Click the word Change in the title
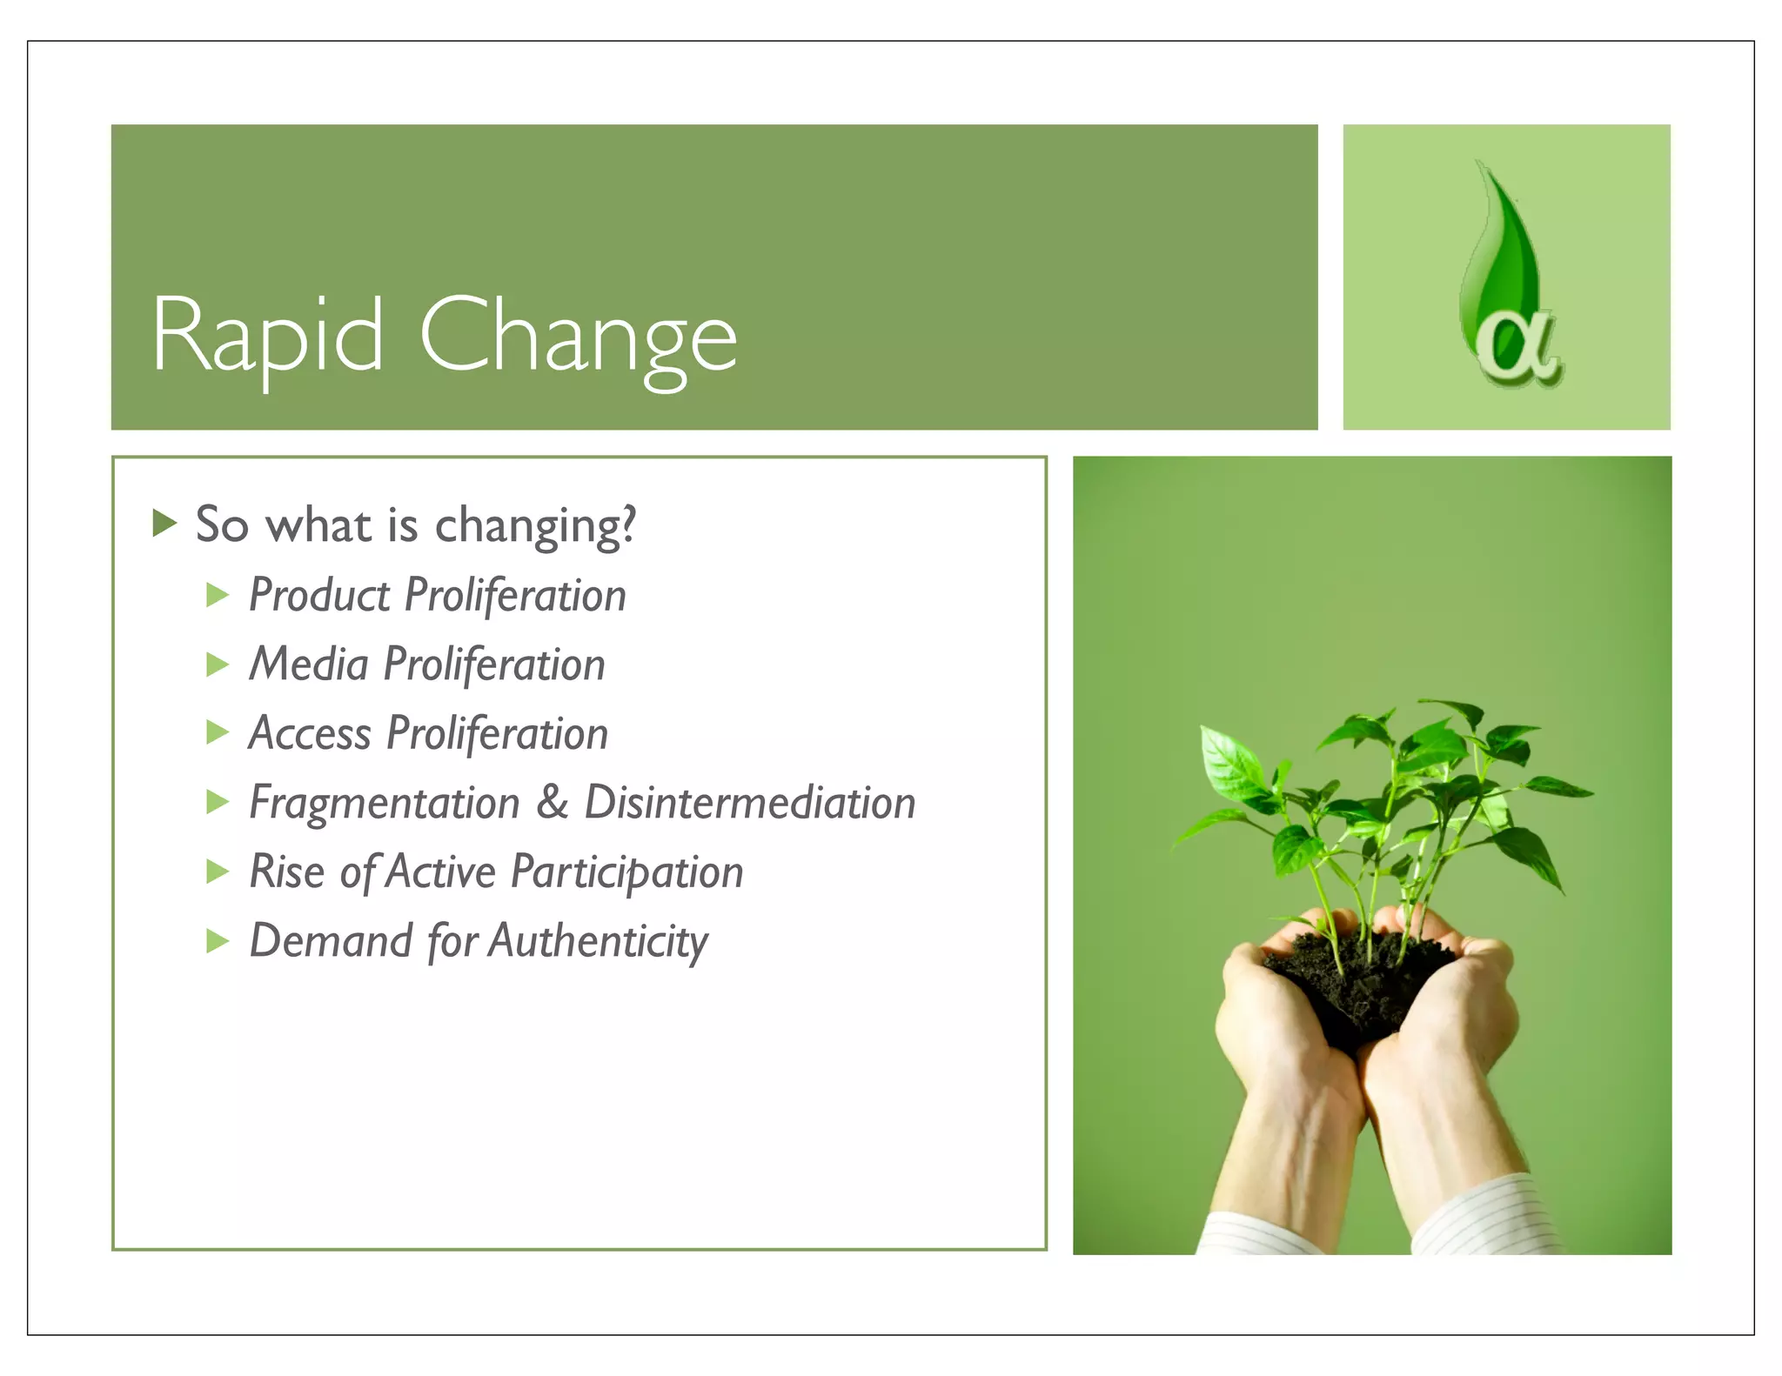pyautogui.click(x=578, y=336)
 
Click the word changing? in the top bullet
pyautogui.click(x=535, y=526)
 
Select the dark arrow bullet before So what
pyautogui.click(x=164, y=524)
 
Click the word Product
pyautogui.click(x=318, y=596)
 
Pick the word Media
pyautogui.click(x=309, y=665)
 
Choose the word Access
pyautogui.click(x=310, y=734)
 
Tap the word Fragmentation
pyautogui.click(x=384, y=803)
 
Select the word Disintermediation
pyautogui.click(x=749, y=803)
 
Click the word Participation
pyautogui.click(x=626, y=872)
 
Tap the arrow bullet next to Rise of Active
pyautogui.click(x=217, y=872)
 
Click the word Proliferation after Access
pyautogui.click(x=497, y=734)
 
